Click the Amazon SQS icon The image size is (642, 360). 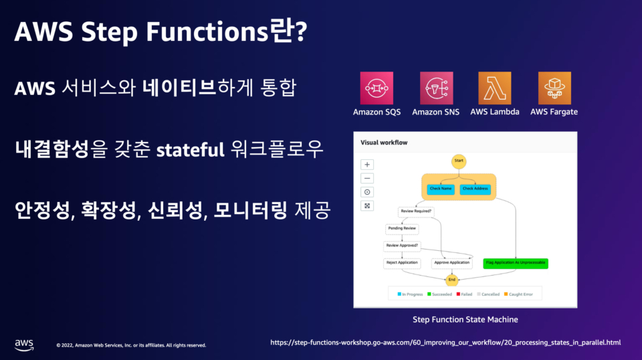(377, 88)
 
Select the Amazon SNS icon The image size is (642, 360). (436, 88)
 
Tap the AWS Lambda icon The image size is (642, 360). (494, 88)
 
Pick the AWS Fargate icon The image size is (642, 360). (554, 88)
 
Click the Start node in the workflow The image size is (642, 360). (458, 161)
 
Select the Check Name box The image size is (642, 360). (441, 189)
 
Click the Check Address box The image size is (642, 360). (475, 189)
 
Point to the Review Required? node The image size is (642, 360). (415, 211)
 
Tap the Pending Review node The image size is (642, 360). (403, 228)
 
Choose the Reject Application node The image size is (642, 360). (402, 262)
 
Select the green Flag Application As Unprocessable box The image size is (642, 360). (516, 262)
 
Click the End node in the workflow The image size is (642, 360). (452, 279)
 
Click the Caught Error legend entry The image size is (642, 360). (524, 294)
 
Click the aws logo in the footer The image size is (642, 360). (24, 344)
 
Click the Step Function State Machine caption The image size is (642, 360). (465, 319)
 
